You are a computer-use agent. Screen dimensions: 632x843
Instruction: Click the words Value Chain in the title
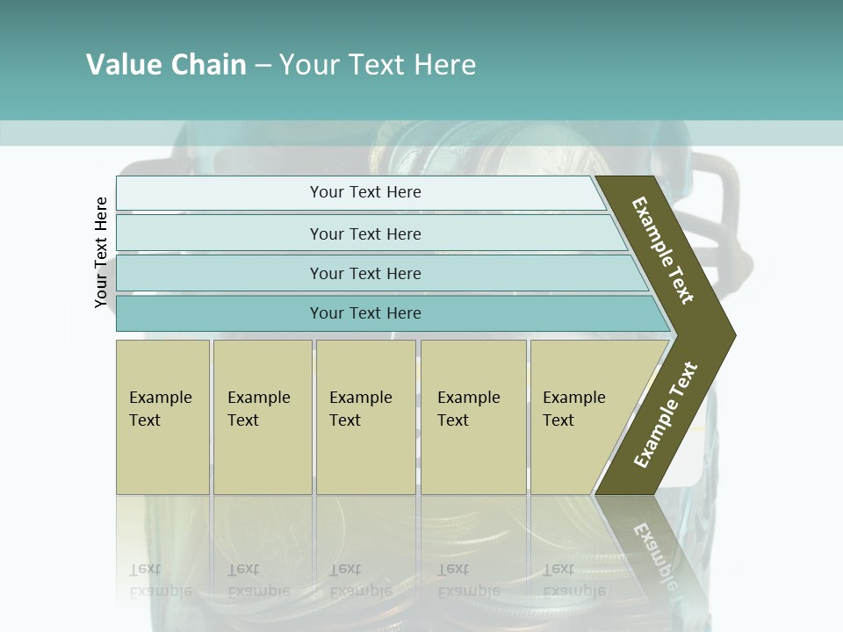point(166,65)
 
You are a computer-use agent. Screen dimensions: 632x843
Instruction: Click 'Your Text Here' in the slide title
point(378,65)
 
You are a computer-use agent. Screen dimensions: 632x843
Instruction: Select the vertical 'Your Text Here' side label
point(101,252)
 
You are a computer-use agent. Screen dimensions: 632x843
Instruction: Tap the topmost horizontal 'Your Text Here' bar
point(364,192)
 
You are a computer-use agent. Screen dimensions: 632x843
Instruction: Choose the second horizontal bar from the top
point(364,233)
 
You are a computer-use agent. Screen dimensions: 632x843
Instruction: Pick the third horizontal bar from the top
point(364,273)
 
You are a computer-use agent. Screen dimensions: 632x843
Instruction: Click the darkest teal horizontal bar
point(364,313)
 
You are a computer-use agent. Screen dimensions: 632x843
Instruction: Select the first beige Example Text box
point(162,417)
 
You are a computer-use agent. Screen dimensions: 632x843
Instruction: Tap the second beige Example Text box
point(262,417)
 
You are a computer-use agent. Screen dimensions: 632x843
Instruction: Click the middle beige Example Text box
point(365,417)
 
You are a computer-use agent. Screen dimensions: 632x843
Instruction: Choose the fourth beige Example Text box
point(473,417)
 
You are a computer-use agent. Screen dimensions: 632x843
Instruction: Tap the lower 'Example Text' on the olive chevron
point(666,414)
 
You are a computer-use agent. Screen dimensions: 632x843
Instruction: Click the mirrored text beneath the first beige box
point(160,580)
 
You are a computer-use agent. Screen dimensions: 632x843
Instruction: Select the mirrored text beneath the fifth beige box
point(573,580)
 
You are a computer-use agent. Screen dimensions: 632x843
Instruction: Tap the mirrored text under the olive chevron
point(654,549)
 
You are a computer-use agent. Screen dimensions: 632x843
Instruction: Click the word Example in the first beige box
point(160,398)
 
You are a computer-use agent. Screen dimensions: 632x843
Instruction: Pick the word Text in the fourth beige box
point(453,420)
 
